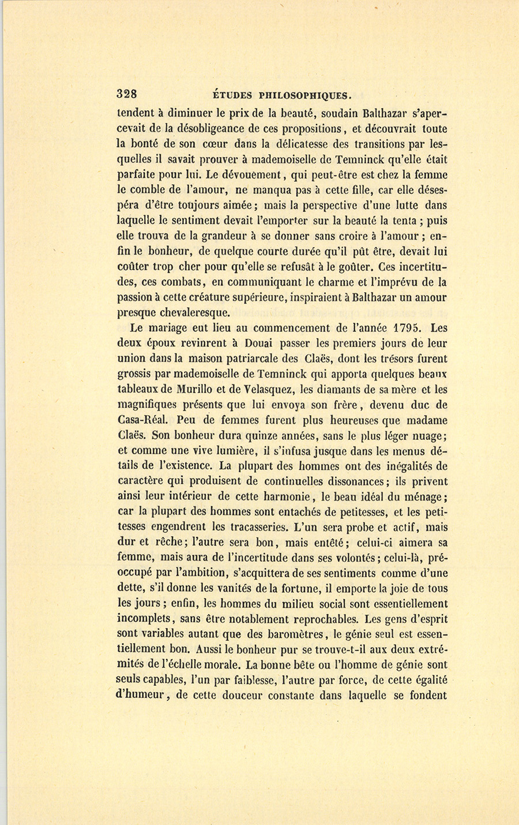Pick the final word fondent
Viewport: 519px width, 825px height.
click(x=428, y=696)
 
